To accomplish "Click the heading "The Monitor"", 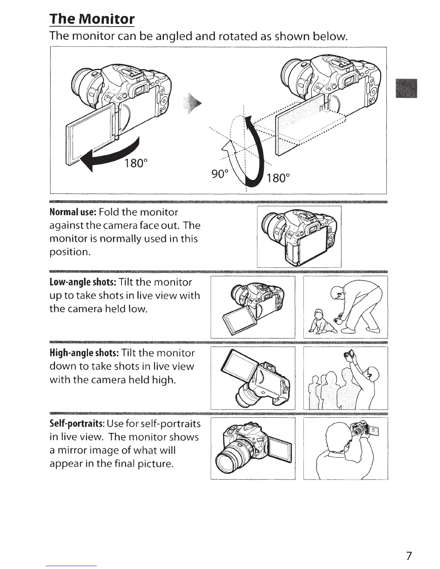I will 92,19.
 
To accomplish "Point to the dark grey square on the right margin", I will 406,88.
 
